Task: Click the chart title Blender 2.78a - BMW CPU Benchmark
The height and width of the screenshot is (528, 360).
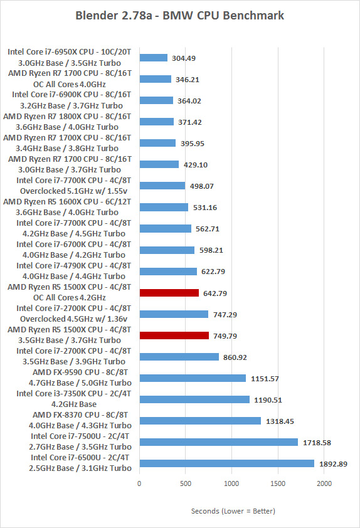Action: (180, 16)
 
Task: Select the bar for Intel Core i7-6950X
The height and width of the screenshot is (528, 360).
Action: (154, 58)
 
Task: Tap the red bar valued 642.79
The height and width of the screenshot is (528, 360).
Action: (169, 293)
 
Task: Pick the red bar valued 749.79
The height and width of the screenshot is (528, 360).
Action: (174, 335)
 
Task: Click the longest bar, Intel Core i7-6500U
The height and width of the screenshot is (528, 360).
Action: (227, 463)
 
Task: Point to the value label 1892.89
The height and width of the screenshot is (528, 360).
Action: (333, 464)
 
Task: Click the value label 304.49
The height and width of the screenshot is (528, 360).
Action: (184, 58)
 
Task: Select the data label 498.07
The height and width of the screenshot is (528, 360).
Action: (202, 186)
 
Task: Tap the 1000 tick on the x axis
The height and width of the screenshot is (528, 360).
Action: (231, 483)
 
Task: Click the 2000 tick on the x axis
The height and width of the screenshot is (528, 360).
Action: (324, 483)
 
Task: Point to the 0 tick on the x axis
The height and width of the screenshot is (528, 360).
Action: (139, 483)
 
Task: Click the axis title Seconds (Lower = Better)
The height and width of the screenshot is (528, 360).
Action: (233, 511)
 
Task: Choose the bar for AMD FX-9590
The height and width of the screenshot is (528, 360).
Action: (193, 378)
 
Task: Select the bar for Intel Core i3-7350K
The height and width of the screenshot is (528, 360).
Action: (194, 399)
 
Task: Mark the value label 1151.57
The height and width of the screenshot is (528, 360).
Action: (265, 379)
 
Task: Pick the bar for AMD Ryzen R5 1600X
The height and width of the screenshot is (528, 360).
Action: (164, 207)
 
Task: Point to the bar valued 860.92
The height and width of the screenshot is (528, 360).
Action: (179, 357)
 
